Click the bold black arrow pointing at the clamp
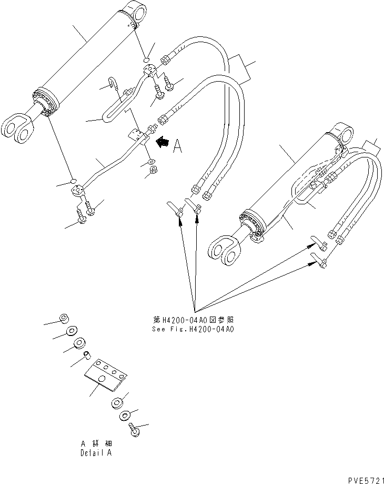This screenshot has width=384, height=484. click(x=163, y=141)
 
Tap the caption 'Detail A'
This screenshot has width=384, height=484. click(x=96, y=452)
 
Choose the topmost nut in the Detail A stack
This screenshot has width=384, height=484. click(x=64, y=319)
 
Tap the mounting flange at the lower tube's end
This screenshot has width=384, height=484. click(x=78, y=191)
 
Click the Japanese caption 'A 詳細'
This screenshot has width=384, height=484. click(x=96, y=444)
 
